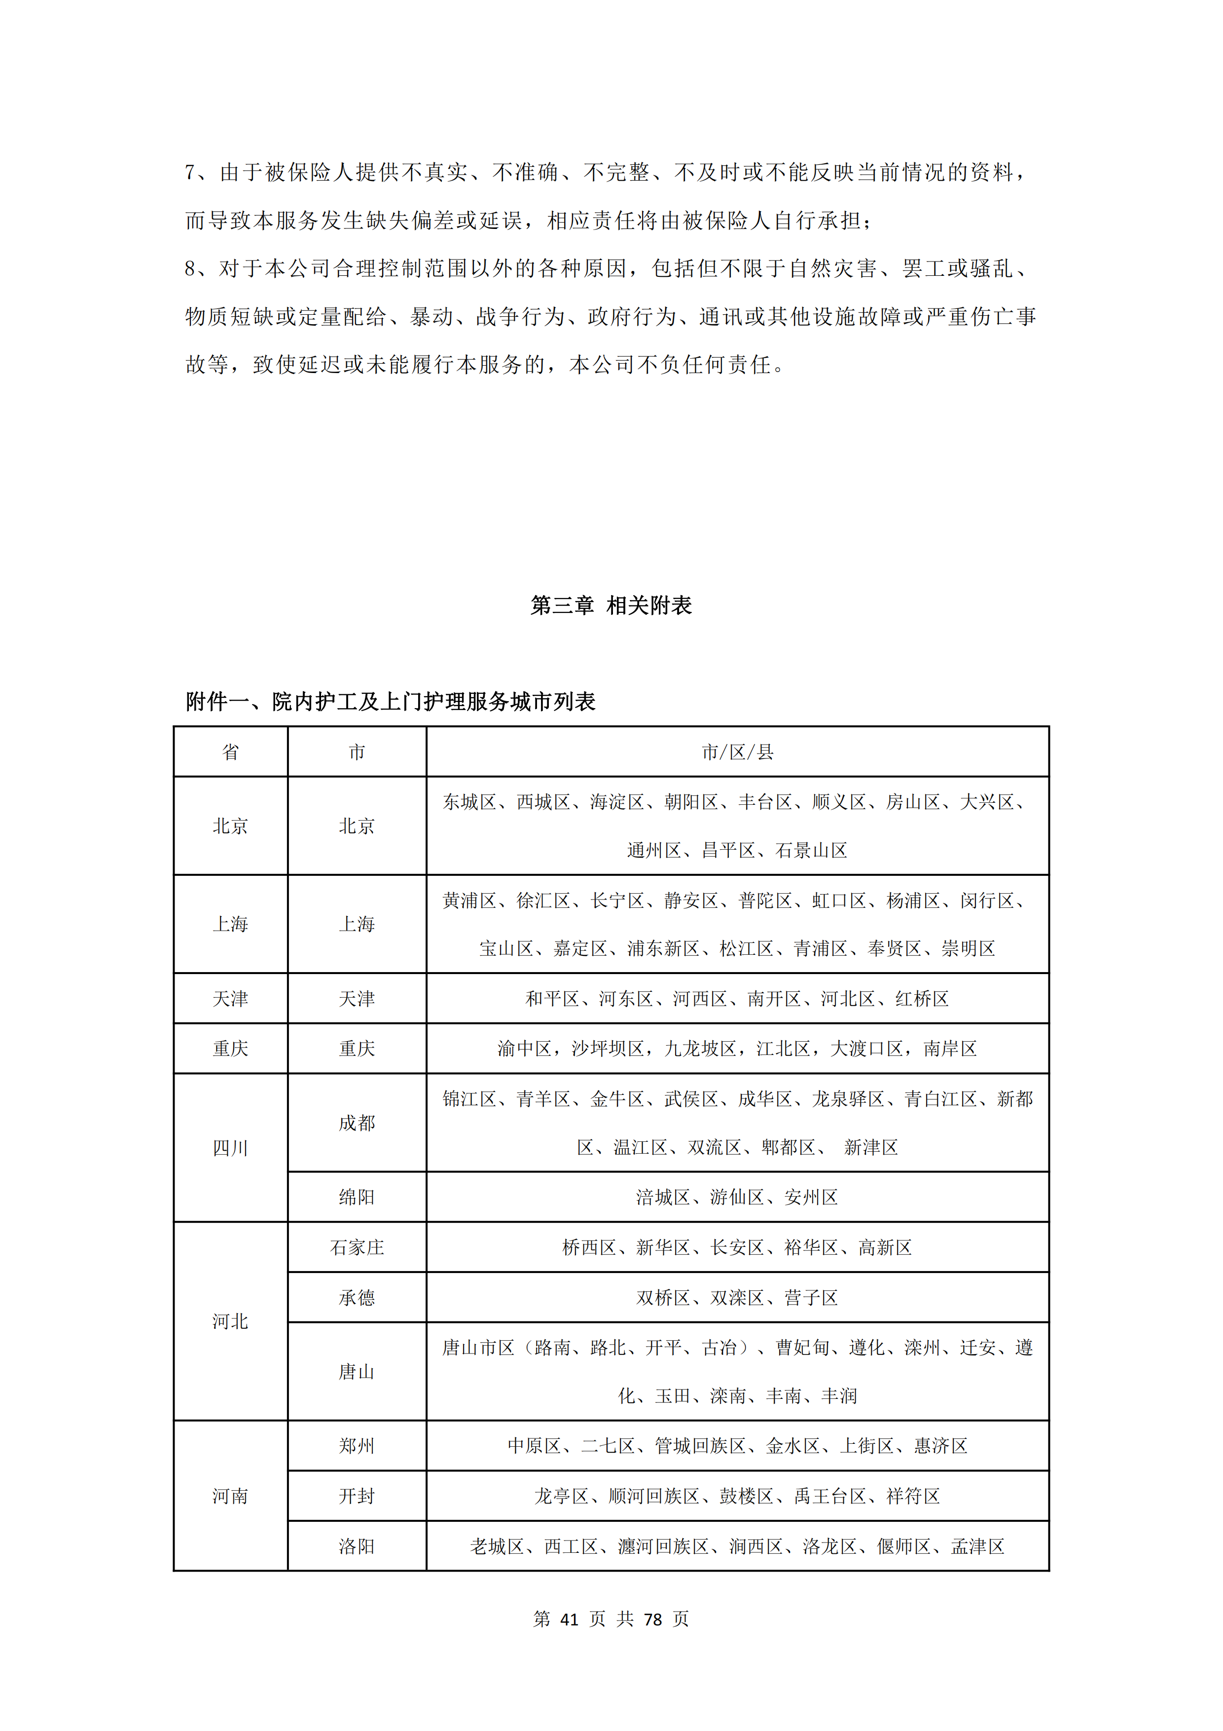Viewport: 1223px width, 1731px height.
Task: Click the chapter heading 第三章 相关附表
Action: pos(611,605)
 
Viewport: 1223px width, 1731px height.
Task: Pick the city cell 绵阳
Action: pos(357,1197)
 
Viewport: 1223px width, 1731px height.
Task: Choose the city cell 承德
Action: pos(357,1297)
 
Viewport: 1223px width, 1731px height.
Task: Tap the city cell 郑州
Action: pos(357,1446)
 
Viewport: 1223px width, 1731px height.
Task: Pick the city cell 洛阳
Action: pos(357,1546)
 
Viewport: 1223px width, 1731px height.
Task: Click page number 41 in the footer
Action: pos(569,1618)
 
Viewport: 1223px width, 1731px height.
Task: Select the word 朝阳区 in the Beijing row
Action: pos(690,802)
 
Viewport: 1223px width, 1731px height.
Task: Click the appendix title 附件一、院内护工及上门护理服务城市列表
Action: pos(391,702)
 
